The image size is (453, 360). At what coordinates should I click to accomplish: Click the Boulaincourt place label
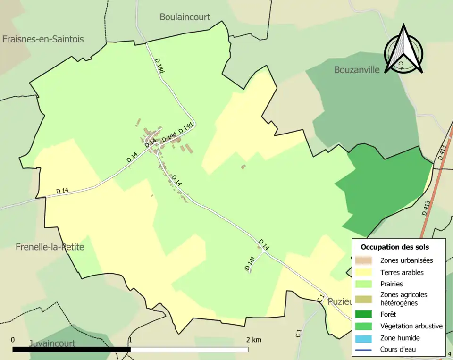click(185, 17)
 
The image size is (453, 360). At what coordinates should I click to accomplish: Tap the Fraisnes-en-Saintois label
click(43, 39)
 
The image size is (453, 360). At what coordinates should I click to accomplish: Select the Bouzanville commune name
click(357, 70)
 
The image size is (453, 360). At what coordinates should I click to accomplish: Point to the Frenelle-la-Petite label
click(50, 247)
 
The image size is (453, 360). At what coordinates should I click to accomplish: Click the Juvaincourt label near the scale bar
click(52, 343)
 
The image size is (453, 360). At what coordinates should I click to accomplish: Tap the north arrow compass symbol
click(403, 50)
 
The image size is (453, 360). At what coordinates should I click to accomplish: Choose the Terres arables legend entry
click(402, 272)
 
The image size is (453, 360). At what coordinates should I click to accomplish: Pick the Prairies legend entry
click(391, 284)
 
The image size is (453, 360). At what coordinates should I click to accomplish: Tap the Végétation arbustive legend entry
click(411, 326)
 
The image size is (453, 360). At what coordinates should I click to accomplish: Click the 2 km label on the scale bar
click(253, 340)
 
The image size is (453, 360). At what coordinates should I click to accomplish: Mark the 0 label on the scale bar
click(13, 340)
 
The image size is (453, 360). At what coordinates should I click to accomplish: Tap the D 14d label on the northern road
click(160, 66)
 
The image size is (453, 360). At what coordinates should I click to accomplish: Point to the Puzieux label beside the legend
click(339, 302)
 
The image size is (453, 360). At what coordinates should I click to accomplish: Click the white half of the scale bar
click(189, 350)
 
